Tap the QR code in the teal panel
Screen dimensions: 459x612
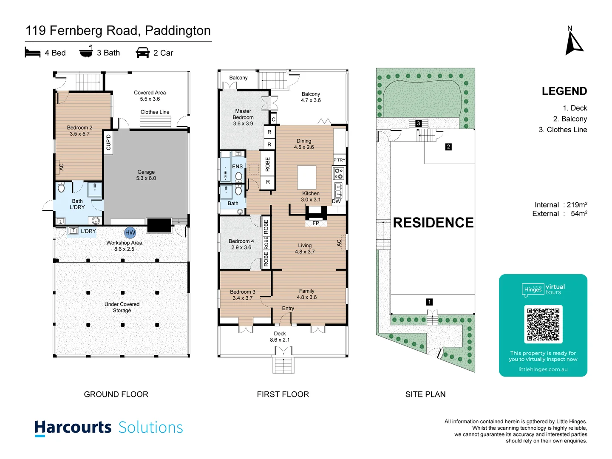(543, 324)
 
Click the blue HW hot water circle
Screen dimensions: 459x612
(130, 232)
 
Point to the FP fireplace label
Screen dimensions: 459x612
(316, 223)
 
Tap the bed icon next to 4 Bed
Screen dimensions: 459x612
(33, 53)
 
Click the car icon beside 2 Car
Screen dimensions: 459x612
(142, 53)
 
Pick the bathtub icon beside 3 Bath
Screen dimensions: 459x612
(86, 52)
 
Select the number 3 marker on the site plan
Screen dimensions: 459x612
(418, 123)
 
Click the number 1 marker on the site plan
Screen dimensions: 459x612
(429, 302)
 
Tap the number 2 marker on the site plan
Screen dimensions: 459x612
(448, 147)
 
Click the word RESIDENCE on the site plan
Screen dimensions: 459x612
(433, 223)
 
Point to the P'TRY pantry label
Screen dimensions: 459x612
(339, 160)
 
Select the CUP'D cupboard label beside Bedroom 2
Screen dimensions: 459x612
(108, 142)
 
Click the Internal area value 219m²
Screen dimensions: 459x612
(577, 205)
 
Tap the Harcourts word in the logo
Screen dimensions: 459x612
(73, 427)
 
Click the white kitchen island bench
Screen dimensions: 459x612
(306, 177)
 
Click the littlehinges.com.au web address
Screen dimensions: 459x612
(543, 369)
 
